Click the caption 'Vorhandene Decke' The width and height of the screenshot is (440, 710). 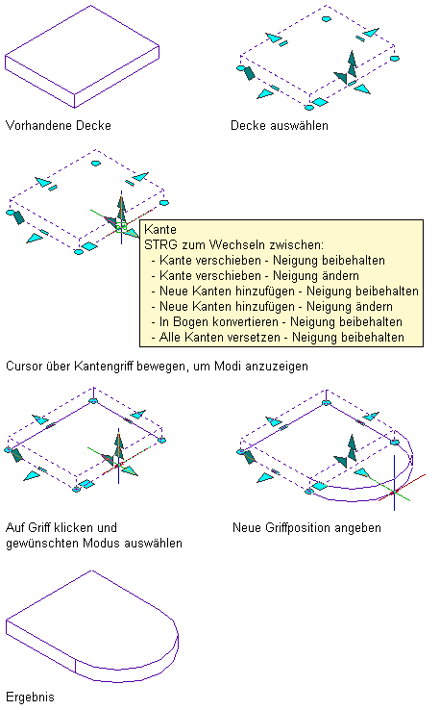click(59, 125)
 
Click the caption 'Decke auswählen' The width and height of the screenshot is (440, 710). click(280, 125)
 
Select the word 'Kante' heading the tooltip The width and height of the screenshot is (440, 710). click(160, 229)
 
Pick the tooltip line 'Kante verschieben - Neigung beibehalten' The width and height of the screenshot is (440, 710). click(272, 261)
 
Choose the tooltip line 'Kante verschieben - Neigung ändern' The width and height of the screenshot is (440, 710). click(259, 276)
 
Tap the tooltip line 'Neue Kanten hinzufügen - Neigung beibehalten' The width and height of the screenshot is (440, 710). click(289, 292)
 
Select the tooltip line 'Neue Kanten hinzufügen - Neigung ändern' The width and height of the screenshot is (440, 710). click(277, 307)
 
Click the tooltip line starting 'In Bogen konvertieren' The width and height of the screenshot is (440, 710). click(281, 322)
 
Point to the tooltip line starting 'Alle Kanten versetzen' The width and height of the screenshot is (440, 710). click(281, 338)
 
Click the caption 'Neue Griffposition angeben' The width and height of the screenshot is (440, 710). click(306, 527)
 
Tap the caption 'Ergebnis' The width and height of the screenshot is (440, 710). click(30, 697)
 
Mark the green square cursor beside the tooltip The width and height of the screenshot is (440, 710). click(121, 226)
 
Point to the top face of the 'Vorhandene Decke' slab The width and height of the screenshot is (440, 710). click(83, 50)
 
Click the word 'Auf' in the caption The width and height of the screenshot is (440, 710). click(15, 527)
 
